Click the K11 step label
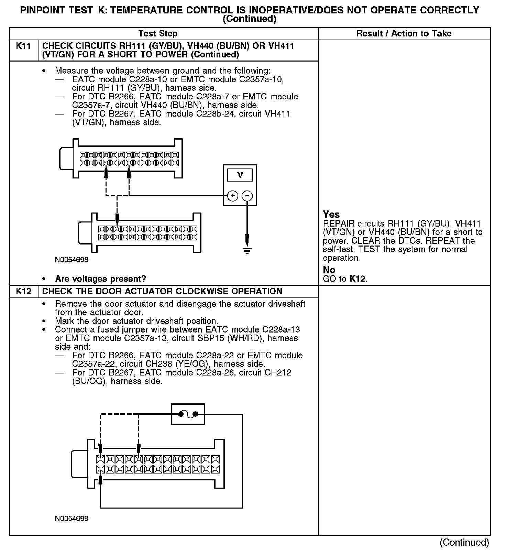[23, 46]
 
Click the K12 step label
[23, 292]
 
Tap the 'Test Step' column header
[158, 34]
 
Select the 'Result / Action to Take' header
[404, 34]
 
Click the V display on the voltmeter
[240, 175]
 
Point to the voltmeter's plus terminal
[233, 196]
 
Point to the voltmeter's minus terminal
[247, 196]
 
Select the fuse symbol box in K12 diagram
[188, 414]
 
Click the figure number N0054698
[71, 260]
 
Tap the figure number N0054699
[71, 518]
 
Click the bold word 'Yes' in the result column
[331, 215]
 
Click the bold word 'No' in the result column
[329, 270]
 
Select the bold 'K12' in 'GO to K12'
[357, 279]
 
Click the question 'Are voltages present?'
[100, 279]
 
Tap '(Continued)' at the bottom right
[464, 542]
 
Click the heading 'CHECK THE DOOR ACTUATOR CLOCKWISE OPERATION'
[162, 292]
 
